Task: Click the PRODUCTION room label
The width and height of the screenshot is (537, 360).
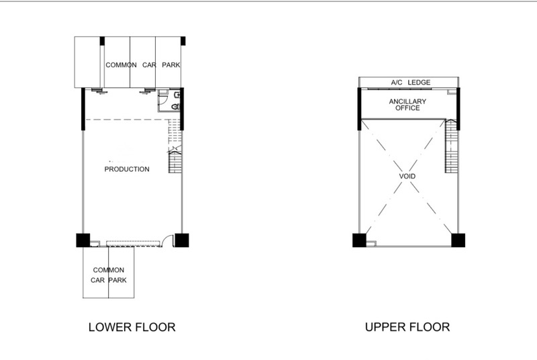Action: click(127, 169)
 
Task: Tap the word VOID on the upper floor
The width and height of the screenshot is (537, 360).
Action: click(407, 177)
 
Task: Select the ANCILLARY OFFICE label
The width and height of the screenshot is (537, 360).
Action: click(407, 105)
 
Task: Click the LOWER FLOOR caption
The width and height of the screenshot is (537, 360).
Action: click(132, 327)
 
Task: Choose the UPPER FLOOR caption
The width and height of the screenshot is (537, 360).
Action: click(407, 327)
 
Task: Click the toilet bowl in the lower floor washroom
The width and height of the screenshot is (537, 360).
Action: click(176, 107)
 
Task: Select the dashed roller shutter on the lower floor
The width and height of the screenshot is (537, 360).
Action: click(133, 244)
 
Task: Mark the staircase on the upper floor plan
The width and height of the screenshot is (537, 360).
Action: click(451, 146)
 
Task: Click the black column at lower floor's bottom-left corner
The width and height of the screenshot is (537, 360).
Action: click(83, 240)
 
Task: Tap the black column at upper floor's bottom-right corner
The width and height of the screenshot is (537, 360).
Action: click(458, 240)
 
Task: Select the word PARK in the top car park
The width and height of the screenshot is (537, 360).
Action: click(171, 65)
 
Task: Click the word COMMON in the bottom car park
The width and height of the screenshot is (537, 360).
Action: click(109, 270)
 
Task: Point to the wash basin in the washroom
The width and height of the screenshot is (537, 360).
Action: click(177, 95)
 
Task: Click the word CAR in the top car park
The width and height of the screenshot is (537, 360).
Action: click(149, 65)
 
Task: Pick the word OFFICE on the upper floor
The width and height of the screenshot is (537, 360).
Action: click(407, 108)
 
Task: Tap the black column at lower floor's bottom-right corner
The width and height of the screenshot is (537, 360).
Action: click(181, 240)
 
